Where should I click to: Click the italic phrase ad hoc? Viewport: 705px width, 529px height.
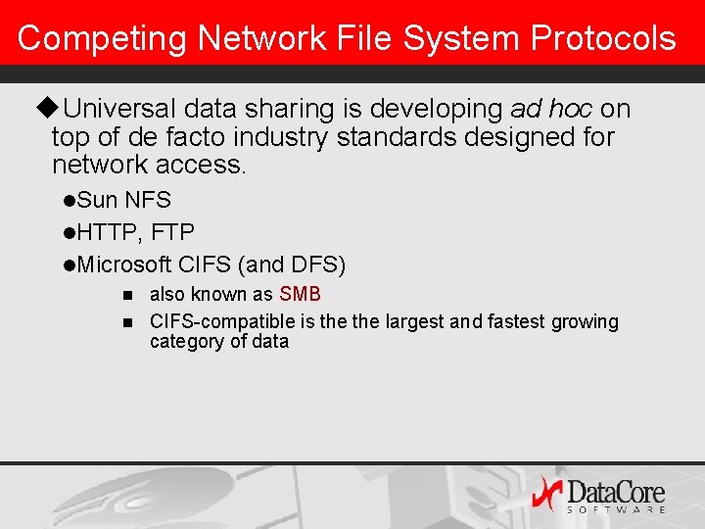550,108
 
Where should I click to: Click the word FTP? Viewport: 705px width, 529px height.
173,233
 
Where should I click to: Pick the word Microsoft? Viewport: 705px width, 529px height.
124,264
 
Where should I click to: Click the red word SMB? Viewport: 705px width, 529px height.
300,294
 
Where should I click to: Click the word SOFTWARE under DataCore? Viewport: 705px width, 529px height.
616,509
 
